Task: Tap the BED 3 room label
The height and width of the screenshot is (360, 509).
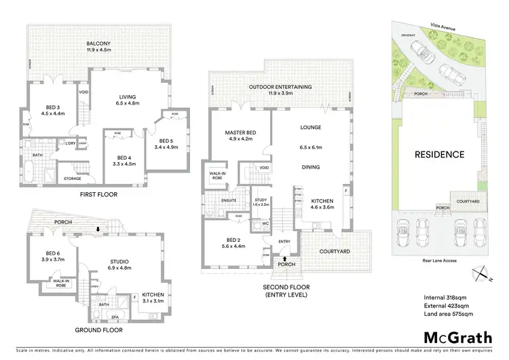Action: tap(54, 108)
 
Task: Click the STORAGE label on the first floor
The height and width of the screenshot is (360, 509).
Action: tap(73, 179)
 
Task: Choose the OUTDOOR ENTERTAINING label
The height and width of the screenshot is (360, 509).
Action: tap(280, 87)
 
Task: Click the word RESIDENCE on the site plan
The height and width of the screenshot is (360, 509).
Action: tap(440, 154)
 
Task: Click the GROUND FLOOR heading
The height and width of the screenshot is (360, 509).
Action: tap(99, 330)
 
